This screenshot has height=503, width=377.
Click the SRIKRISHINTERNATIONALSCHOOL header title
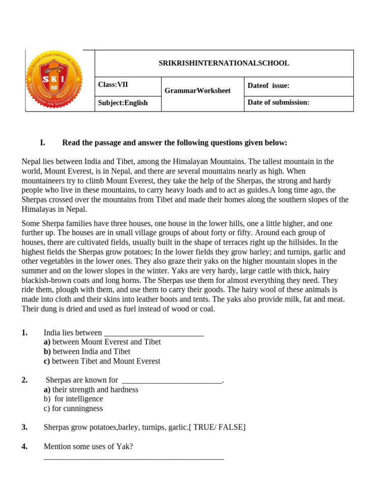(224, 63)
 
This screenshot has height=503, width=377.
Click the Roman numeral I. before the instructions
(42, 143)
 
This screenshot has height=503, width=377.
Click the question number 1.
(25, 333)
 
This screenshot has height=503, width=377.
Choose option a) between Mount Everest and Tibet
(102, 342)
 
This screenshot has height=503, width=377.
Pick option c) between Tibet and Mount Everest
(102, 361)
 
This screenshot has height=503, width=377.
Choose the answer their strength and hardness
(91, 390)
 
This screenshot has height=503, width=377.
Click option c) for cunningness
(73, 409)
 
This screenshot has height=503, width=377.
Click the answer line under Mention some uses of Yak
(134, 458)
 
